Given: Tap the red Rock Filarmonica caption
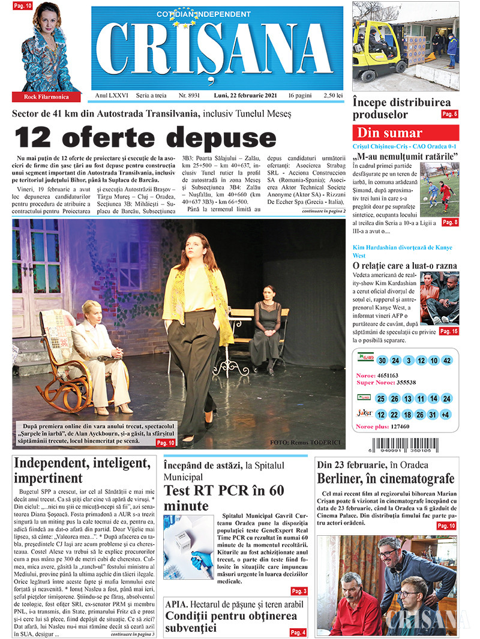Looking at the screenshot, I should coord(46,96).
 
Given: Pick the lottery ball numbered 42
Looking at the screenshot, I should coord(446,361).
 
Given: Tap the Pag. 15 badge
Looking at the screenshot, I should coord(449,331).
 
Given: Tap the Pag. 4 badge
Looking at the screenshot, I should coord(298,632).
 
